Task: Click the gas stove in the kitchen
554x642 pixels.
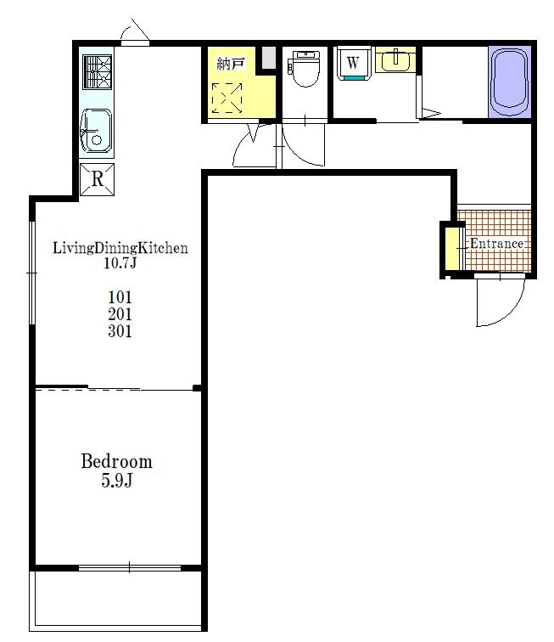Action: click(x=97, y=72)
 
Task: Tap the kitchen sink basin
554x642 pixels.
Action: click(x=96, y=131)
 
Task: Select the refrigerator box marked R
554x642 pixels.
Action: click(x=97, y=179)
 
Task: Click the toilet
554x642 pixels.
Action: click(x=304, y=69)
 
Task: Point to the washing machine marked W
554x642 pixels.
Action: click(x=354, y=63)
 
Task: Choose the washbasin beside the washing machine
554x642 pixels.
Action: click(x=395, y=60)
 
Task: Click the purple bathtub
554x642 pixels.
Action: click(x=509, y=82)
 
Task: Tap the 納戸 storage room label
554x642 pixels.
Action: click(x=231, y=64)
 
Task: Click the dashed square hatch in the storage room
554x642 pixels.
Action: click(x=227, y=98)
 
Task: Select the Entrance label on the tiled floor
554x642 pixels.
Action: click(x=496, y=244)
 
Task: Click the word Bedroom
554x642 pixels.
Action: click(x=116, y=461)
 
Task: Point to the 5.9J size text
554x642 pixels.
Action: click(x=116, y=480)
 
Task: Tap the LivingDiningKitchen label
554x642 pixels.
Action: click(x=120, y=248)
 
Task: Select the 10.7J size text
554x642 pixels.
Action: click(x=120, y=262)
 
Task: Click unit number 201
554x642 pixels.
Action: click(x=120, y=314)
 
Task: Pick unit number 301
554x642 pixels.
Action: click(x=120, y=331)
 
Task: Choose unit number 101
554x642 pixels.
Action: click(x=120, y=297)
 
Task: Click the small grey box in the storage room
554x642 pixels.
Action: click(x=269, y=58)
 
